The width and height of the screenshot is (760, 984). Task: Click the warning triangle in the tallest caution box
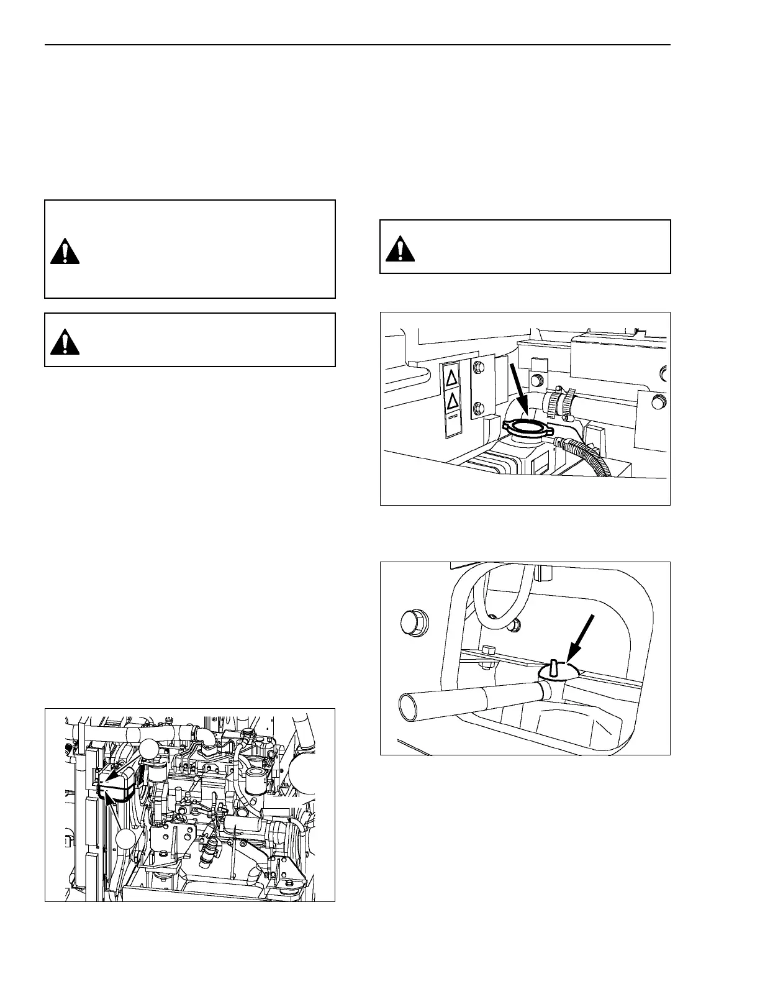point(65,251)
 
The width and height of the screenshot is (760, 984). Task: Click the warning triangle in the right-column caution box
point(400,248)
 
